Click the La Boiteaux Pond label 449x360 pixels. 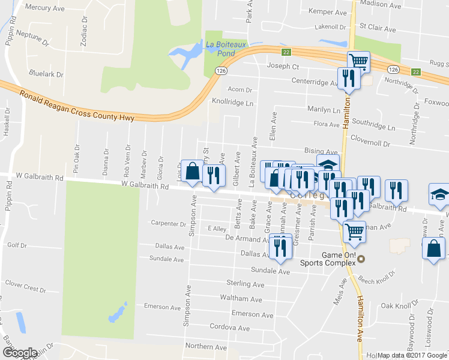pos(220,48)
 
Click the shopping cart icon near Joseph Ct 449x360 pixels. pos(358,61)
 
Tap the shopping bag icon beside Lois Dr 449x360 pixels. pos(193,172)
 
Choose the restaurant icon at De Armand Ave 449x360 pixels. pos(280,248)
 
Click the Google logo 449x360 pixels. pos(20,353)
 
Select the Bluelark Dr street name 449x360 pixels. pos(46,74)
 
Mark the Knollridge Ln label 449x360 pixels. pos(233,103)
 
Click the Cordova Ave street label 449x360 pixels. pos(230,328)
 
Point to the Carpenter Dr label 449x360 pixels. pos(169,224)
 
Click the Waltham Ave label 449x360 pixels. pos(241,299)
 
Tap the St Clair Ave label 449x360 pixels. pos(378,29)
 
